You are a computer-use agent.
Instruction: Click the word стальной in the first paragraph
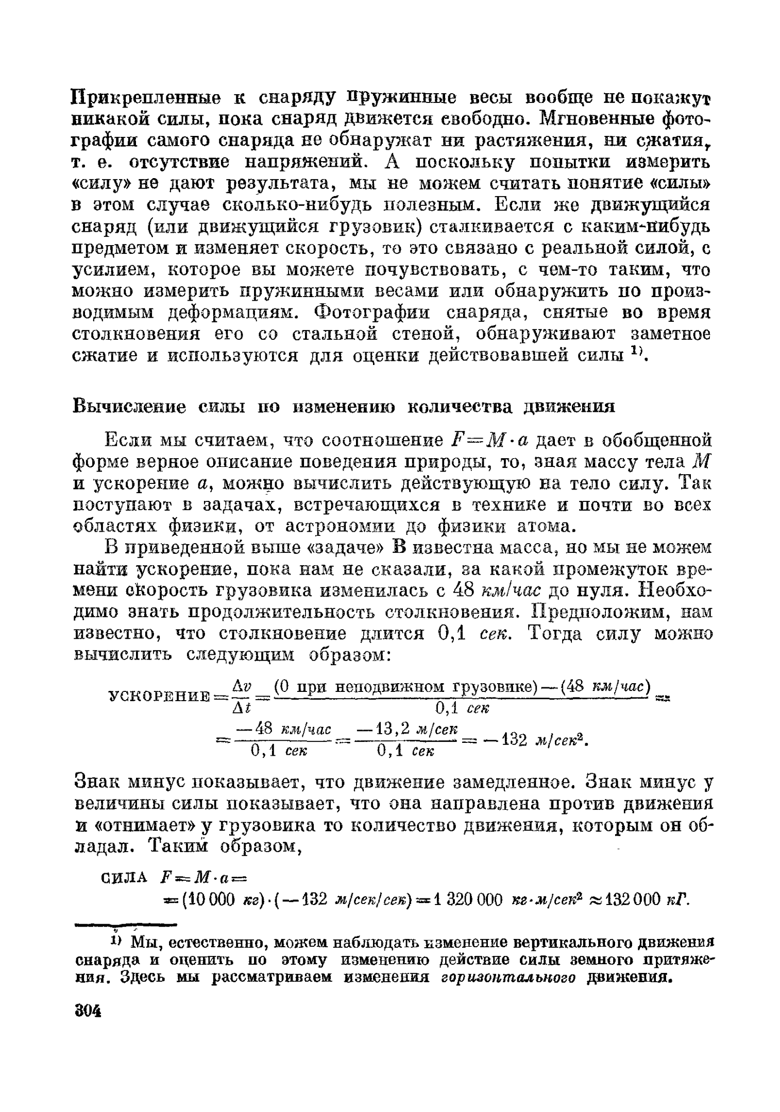(x=337, y=334)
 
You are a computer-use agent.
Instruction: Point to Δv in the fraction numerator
(x=241, y=686)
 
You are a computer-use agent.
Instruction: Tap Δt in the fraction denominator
(x=241, y=708)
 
